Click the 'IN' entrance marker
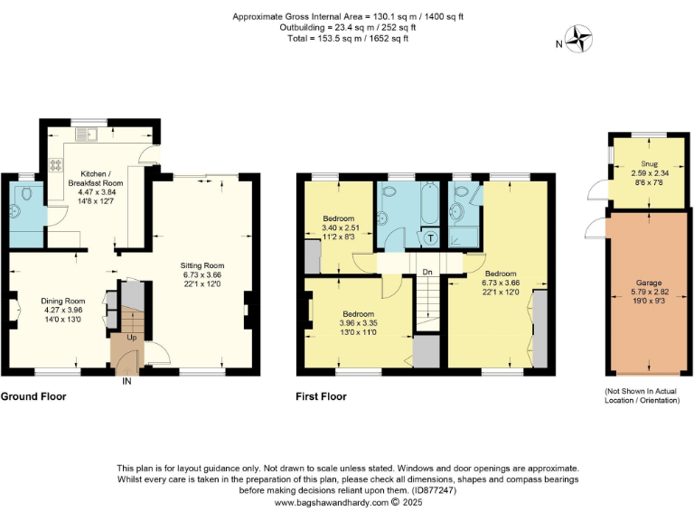(127, 382)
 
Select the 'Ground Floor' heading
(33, 396)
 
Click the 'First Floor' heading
(321, 396)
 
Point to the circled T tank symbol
(430, 238)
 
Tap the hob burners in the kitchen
(54, 165)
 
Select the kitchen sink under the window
(89, 135)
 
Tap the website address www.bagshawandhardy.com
(329, 503)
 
